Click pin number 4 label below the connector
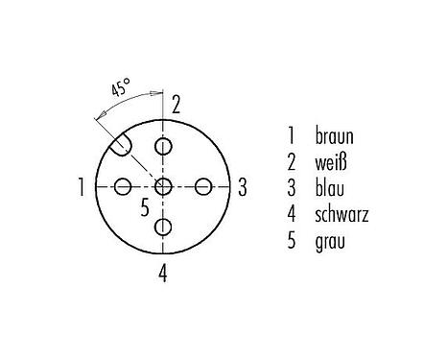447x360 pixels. tap(164, 272)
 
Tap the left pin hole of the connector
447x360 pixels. tap(123, 186)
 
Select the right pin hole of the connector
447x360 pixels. tap(204, 186)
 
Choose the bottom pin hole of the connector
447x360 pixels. tap(164, 227)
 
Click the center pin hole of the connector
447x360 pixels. tap(164, 186)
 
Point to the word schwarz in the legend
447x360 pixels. tap(341, 211)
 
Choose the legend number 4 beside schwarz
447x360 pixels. tap(290, 211)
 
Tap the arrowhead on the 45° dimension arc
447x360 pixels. tap(158, 93)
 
